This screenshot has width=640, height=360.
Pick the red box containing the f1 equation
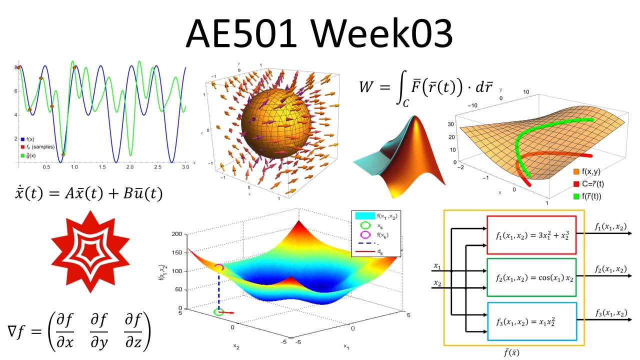tap(531, 235)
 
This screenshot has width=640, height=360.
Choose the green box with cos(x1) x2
tap(531, 277)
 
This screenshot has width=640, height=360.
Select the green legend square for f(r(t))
tap(576, 196)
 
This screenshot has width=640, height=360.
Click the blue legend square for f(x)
tap(22, 139)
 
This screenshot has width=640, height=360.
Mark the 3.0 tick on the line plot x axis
tap(185, 169)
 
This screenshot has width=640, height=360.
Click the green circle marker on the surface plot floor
tap(218, 311)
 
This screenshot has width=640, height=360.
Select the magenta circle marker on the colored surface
tap(219, 268)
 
